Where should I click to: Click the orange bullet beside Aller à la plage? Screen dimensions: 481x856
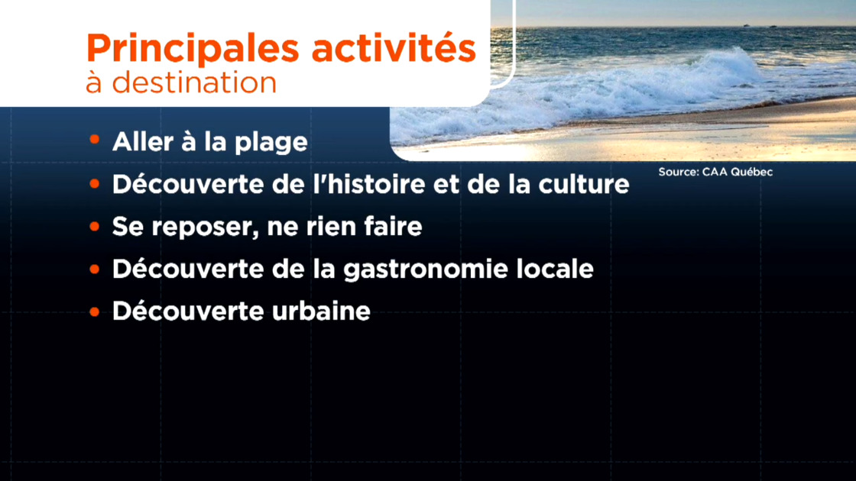coord(94,141)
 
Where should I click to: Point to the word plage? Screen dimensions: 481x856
coord(276,144)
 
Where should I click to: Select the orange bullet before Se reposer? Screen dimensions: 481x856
coord(94,228)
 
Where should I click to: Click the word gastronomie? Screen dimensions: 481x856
coord(405,270)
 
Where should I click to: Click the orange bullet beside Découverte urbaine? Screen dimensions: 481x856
coord(94,312)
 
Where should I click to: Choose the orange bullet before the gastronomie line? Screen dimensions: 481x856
coord(94,270)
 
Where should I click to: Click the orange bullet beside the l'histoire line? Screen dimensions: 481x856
coord(94,185)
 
